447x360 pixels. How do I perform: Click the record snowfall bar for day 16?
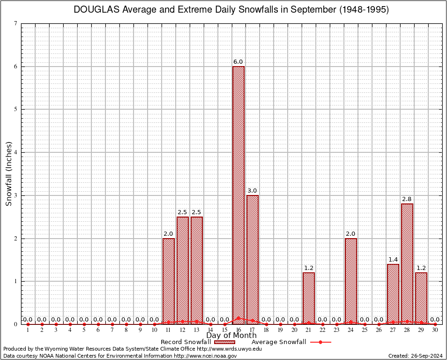pyautogui.click(x=238, y=195)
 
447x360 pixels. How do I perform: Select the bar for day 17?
pyautogui.click(x=253, y=259)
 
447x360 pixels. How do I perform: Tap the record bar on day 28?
pyautogui.click(x=407, y=263)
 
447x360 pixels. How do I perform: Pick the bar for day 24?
pyautogui.click(x=351, y=281)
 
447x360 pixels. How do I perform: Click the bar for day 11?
pyautogui.click(x=169, y=281)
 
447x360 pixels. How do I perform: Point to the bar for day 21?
pyautogui.click(x=309, y=298)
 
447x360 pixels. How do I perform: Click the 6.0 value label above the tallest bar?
pyautogui.click(x=238, y=62)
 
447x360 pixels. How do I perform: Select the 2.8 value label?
pyautogui.click(x=407, y=199)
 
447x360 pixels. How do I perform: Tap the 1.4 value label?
pyautogui.click(x=393, y=259)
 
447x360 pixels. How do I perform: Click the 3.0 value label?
pyautogui.click(x=252, y=191)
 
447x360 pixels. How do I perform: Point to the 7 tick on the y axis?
pyautogui.click(x=16, y=23)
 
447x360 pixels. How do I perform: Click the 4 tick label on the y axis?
pyautogui.click(x=16, y=152)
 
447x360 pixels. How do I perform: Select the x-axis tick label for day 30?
pyautogui.click(x=435, y=330)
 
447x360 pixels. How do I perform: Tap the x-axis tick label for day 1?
pyautogui.click(x=28, y=330)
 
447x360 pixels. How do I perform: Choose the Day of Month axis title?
pyautogui.click(x=231, y=336)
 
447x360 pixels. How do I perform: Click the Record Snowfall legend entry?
pyautogui.click(x=186, y=342)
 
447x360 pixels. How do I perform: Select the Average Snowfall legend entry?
pyautogui.click(x=279, y=342)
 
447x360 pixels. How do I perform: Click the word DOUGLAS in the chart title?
pyautogui.click(x=97, y=10)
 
